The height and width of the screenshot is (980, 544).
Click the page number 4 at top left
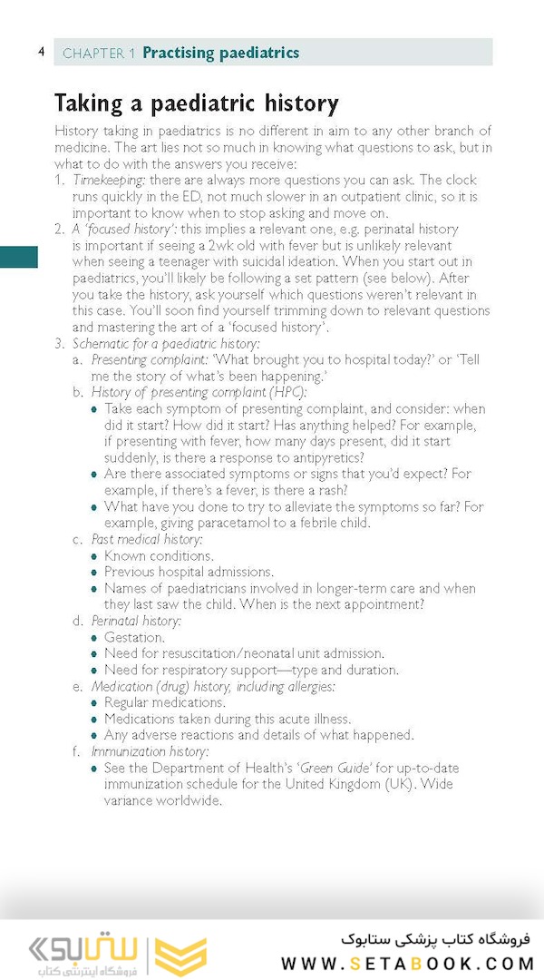click(41, 52)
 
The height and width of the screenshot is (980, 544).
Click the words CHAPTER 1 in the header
click(99, 54)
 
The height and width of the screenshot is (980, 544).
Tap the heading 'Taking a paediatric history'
click(196, 103)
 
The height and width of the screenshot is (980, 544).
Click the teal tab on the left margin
click(18, 257)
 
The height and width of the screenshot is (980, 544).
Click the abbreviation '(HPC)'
click(287, 392)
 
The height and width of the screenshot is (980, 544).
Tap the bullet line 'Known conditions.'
click(159, 555)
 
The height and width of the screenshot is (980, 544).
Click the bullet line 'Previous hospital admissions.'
click(189, 572)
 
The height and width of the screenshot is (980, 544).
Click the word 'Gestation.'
click(134, 637)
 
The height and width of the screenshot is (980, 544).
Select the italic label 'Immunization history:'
click(150, 751)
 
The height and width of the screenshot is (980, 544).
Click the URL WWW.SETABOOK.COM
click(405, 963)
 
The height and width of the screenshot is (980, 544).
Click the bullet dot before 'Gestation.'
click(95, 637)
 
